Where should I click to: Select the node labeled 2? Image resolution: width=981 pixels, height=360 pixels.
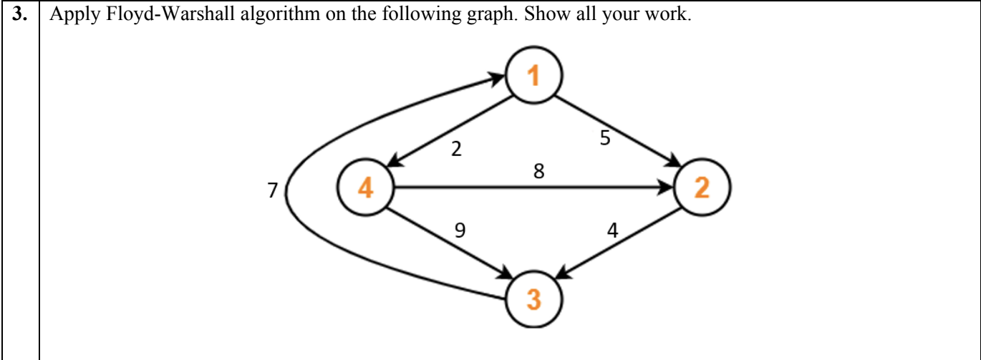(x=701, y=189)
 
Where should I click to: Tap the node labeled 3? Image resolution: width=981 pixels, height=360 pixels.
(x=534, y=298)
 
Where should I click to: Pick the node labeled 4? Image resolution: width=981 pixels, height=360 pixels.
(x=365, y=189)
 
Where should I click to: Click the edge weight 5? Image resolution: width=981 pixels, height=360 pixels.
(x=606, y=139)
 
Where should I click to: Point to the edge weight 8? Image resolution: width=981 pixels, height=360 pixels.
(x=538, y=172)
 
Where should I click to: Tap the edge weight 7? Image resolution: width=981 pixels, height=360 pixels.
(x=271, y=191)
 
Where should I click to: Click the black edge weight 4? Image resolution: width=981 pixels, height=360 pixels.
(x=612, y=230)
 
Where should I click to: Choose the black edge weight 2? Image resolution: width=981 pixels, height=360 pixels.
(x=456, y=150)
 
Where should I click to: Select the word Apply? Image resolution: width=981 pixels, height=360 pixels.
(x=71, y=16)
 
